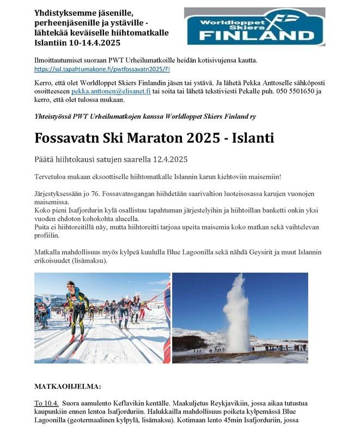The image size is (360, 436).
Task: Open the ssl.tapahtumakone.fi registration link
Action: pyautogui.click(x=102, y=69)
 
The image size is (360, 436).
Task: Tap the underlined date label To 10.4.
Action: pyautogui.click(x=47, y=404)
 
